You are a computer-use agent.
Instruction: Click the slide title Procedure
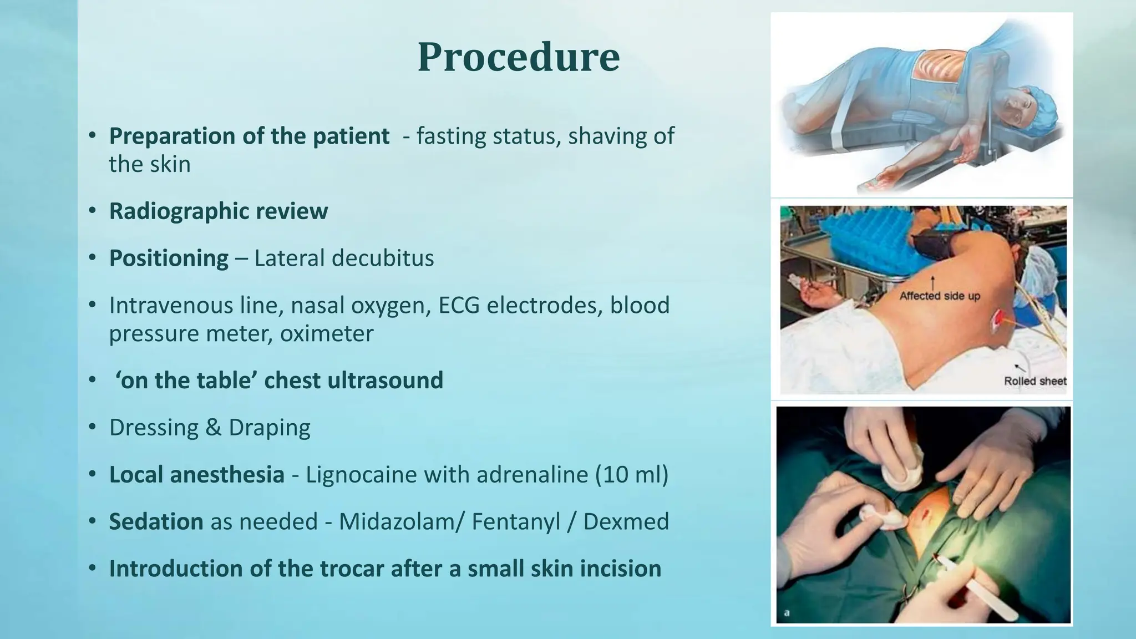coord(518,57)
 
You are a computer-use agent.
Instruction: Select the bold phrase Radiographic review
coord(218,211)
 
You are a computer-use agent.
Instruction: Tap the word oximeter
coord(327,334)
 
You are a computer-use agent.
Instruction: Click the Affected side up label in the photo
coord(939,296)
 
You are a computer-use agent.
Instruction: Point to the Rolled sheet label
coord(1035,381)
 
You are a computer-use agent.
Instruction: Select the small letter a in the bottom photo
coord(786,613)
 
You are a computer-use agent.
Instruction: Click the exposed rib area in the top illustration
coord(937,69)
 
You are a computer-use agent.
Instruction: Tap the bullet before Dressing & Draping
coord(93,428)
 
